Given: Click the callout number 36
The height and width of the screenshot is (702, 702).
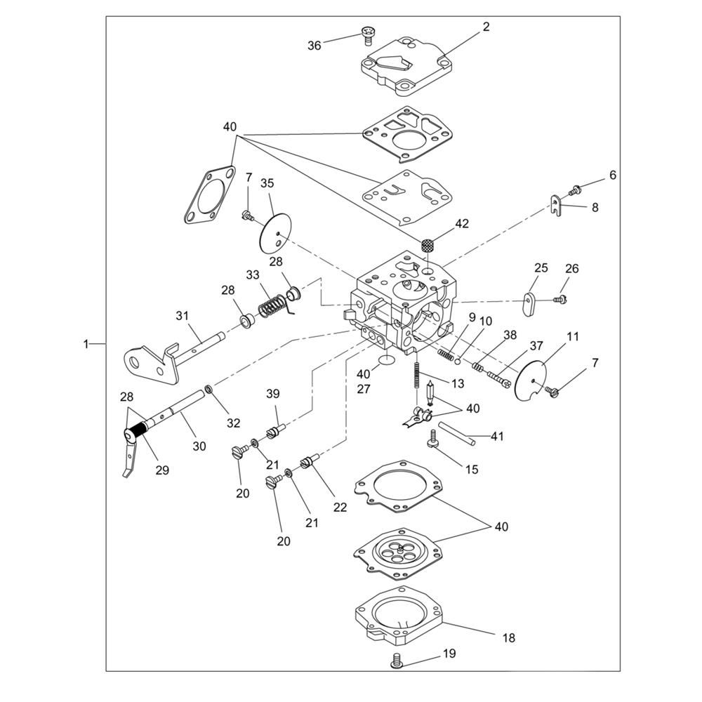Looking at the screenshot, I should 314,46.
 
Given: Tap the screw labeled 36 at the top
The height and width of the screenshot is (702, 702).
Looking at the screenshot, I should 367,33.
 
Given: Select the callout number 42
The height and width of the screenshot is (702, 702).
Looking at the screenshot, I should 461,224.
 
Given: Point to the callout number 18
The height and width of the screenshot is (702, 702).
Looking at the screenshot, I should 509,638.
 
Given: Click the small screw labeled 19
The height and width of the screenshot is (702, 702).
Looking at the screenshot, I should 398,661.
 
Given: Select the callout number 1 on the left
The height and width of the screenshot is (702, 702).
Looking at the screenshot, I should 86,344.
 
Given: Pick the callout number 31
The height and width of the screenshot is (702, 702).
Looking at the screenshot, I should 183,317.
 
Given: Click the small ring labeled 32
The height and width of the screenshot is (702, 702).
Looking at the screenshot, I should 209,389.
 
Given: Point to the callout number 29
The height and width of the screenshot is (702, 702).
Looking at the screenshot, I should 162,470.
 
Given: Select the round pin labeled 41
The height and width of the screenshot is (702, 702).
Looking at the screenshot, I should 457,433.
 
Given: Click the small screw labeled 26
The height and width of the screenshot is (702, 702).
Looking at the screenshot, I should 560,300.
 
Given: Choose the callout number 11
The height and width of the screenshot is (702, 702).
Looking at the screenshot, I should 573,337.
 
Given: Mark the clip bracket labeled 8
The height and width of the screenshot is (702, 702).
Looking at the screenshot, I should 556,206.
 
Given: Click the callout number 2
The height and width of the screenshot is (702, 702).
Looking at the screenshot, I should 486,27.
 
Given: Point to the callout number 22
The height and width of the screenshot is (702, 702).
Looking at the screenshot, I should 340,508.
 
